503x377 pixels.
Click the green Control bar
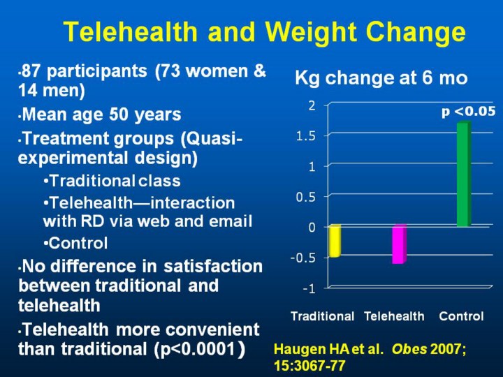click(x=463, y=174)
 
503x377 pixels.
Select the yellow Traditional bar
click(x=335, y=241)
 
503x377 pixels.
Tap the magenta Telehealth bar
click(x=399, y=244)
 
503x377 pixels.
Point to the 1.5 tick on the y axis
click(x=305, y=135)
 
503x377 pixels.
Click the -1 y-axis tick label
click(x=308, y=288)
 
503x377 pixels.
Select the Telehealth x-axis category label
click(x=394, y=316)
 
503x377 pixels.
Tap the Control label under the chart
click(x=461, y=316)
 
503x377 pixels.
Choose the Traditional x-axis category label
click(x=322, y=316)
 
